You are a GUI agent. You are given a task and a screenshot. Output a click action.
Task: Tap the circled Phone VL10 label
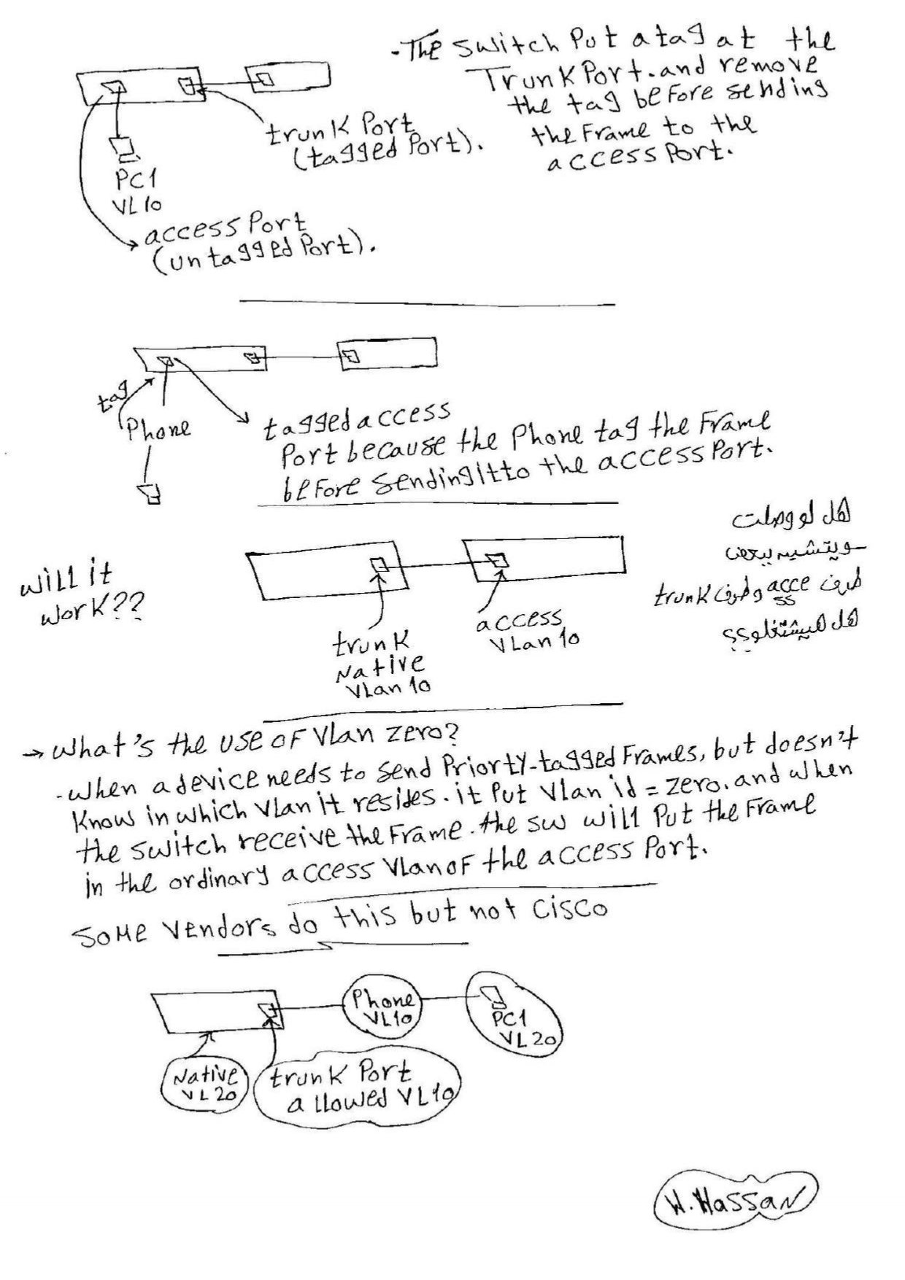(382, 1007)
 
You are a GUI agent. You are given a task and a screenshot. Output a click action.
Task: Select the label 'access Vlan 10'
(527, 632)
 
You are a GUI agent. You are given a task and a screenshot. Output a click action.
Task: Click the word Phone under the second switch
(158, 428)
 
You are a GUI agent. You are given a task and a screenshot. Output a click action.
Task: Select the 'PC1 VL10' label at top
(136, 190)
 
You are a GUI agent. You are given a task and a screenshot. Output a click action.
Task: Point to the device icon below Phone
(151, 492)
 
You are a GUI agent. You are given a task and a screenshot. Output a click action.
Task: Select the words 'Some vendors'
(175, 926)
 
